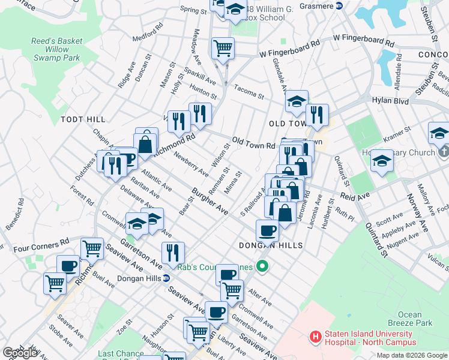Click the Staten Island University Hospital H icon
(315, 337)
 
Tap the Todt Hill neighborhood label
(83, 120)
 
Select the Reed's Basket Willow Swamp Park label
(58, 50)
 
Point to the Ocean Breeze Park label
(414, 319)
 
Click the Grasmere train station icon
(339, 6)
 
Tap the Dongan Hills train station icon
(167, 278)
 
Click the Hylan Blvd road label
(390, 102)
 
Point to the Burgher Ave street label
(210, 202)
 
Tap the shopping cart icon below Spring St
(223, 47)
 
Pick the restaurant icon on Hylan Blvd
(317, 114)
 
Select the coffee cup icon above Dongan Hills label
(267, 229)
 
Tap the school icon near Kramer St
(382, 160)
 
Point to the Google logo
(20, 353)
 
